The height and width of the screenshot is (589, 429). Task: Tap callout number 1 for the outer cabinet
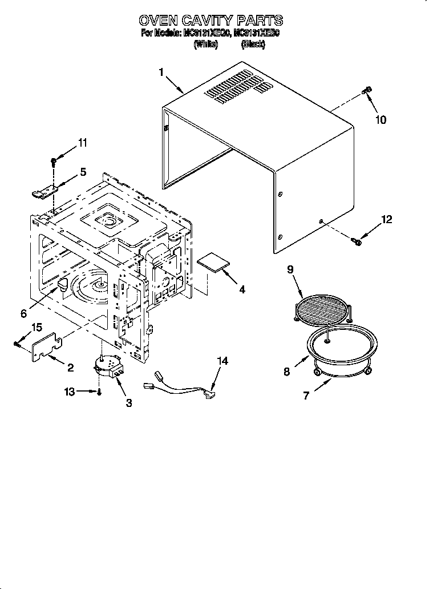click(161, 72)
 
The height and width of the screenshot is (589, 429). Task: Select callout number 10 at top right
click(381, 120)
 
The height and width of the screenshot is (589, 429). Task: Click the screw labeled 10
click(367, 90)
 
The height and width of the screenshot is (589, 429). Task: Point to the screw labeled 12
click(358, 242)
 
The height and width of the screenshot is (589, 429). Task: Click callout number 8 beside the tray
click(286, 372)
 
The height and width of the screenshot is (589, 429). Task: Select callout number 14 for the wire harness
click(222, 360)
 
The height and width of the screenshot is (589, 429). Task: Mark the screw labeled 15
click(18, 343)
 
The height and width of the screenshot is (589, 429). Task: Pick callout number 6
click(23, 313)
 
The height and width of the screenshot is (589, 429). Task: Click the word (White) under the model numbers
click(205, 43)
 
